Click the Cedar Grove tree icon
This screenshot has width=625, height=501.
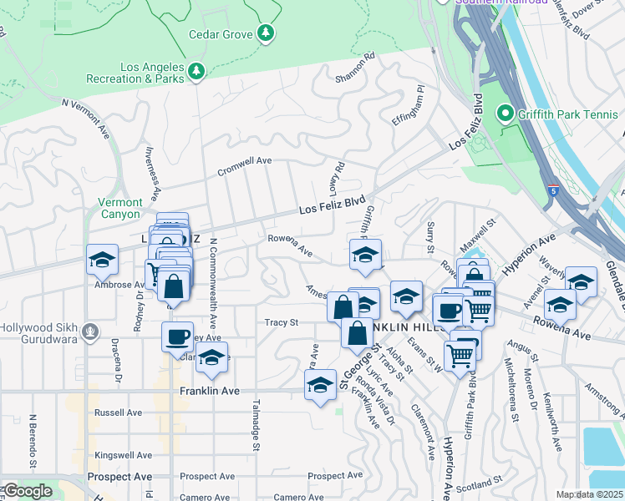[x=266, y=33]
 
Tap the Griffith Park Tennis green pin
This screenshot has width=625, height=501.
[x=505, y=113]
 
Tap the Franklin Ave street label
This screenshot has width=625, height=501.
[x=210, y=390]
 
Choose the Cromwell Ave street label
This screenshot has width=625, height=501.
[x=245, y=160]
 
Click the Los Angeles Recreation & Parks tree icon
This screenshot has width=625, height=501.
[x=196, y=71]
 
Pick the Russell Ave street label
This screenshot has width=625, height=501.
[x=118, y=412]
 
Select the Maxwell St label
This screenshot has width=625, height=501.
[x=478, y=238]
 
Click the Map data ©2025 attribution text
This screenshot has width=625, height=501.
[x=590, y=494]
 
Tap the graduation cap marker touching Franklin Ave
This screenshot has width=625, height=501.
[x=320, y=386]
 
